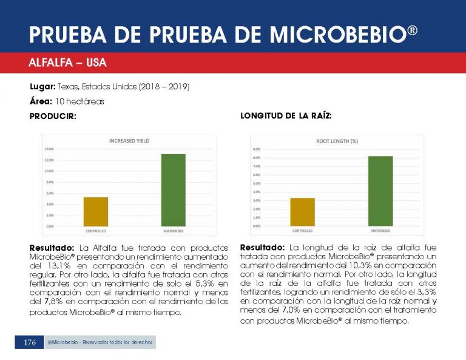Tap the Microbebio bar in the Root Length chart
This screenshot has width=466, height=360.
(380, 191)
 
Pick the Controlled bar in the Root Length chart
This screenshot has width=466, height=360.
(302, 212)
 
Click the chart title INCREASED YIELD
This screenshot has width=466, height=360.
(129, 141)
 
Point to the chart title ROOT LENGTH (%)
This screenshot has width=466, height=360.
(337, 141)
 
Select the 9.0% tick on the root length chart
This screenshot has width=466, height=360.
(256, 149)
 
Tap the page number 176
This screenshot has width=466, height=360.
(30, 343)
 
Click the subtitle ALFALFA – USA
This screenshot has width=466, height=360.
(67, 63)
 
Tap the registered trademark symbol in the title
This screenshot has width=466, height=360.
(412, 29)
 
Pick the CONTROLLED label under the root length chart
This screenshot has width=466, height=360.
(302, 231)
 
